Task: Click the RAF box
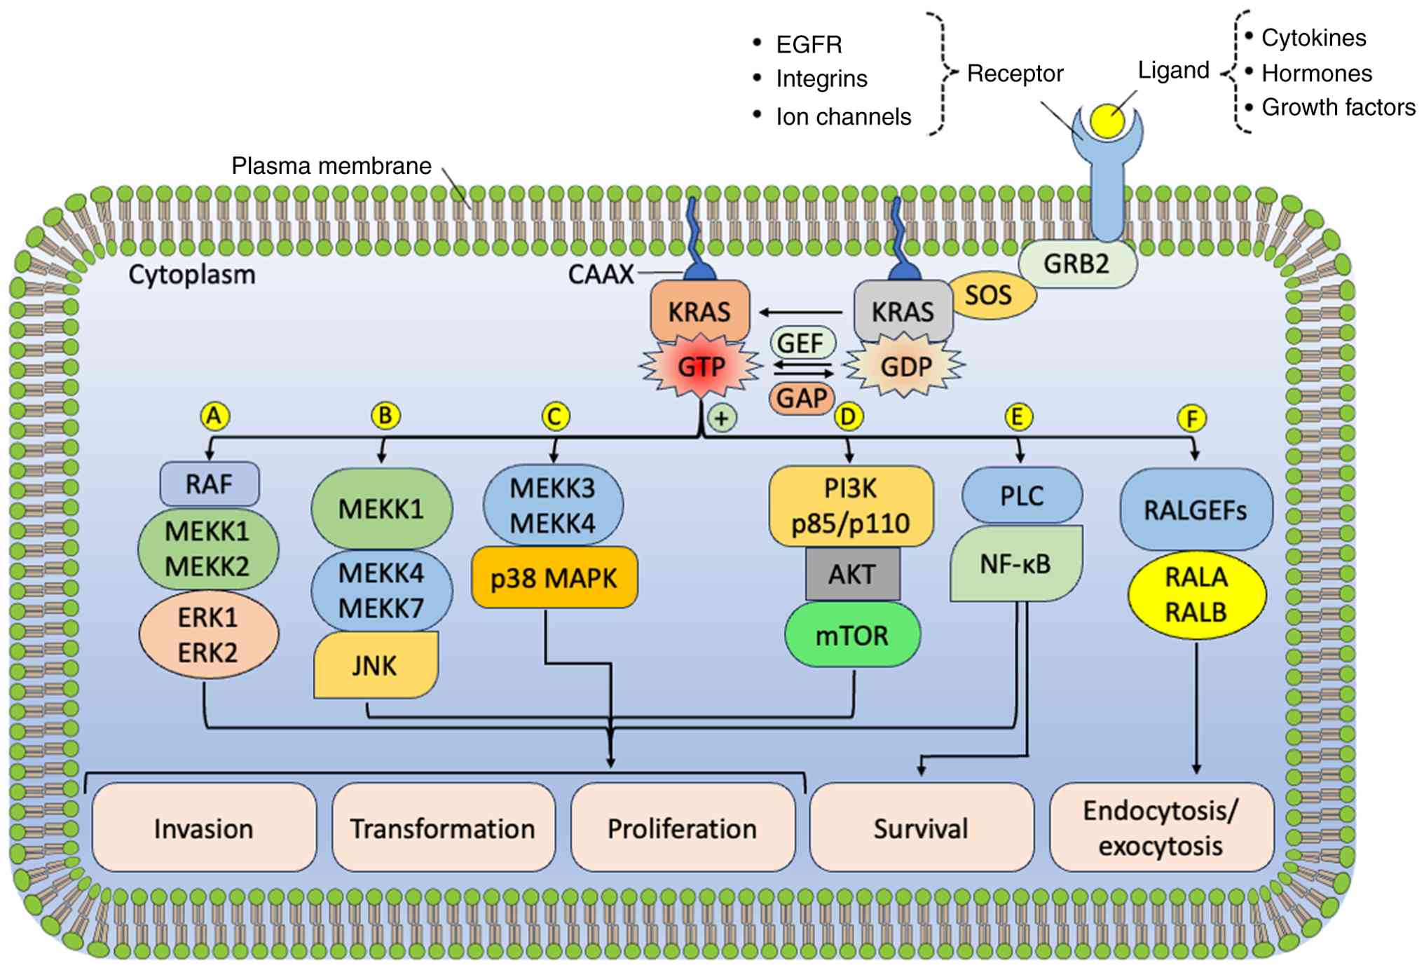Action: (x=210, y=484)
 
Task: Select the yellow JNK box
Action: (x=376, y=664)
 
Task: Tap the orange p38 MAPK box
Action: (x=554, y=578)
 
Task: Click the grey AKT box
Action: (x=852, y=574)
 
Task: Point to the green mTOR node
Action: (x=852, y=635)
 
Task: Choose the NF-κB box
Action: (x=1015, y=563)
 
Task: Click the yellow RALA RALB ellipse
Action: (x=1196, y=594)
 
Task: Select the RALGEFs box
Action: (x=1196, y=510)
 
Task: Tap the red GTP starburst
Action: (x=701, y=366)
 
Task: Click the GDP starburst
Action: (x=905, y=366)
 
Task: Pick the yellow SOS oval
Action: (x=989, y=295)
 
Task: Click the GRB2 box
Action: (x=1077, y=264)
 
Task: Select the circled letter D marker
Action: (x=848, y=417)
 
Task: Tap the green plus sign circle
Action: (x=722, y=418)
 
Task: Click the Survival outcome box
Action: (x=921, y=828)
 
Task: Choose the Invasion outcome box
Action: (x=204, y=828)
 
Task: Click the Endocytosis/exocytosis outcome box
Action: (x=1161, y=828)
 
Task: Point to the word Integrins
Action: (x=821, y=79)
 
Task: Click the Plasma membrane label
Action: (x=331, y=166)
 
